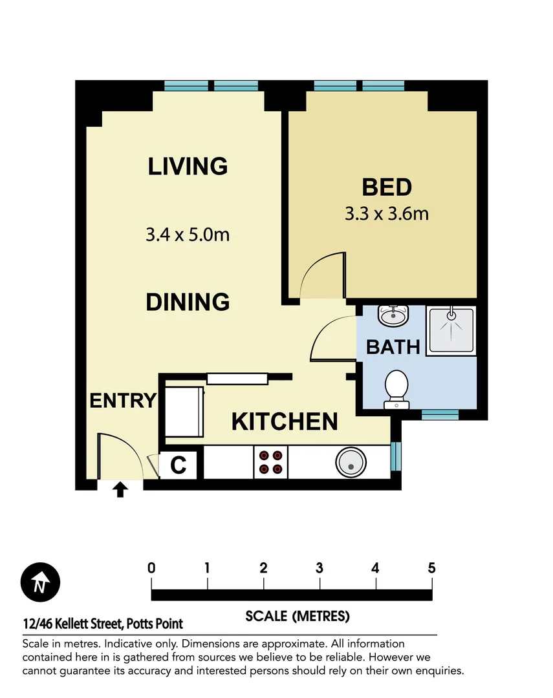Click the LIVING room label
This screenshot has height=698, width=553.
coord(188,166)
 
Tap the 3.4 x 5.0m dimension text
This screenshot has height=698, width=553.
coord(188,234)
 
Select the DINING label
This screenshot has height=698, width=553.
coord(188,302)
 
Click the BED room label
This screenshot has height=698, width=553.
coord(387,187)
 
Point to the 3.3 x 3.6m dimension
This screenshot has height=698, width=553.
coord(387,213)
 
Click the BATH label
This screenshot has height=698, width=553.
coord(393,347)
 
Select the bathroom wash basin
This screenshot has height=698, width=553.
coord(394,316)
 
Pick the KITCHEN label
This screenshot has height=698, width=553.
coord(285,422)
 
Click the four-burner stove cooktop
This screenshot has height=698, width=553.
coord(271,462)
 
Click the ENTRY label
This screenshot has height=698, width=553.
coord(123,401)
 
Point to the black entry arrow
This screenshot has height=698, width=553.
coord(120,490)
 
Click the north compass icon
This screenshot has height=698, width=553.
coord(40,583)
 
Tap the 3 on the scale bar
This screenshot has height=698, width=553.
coord(320,569)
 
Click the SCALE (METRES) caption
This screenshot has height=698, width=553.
coord(298,616)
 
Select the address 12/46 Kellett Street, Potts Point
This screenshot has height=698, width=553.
coord(102,624)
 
